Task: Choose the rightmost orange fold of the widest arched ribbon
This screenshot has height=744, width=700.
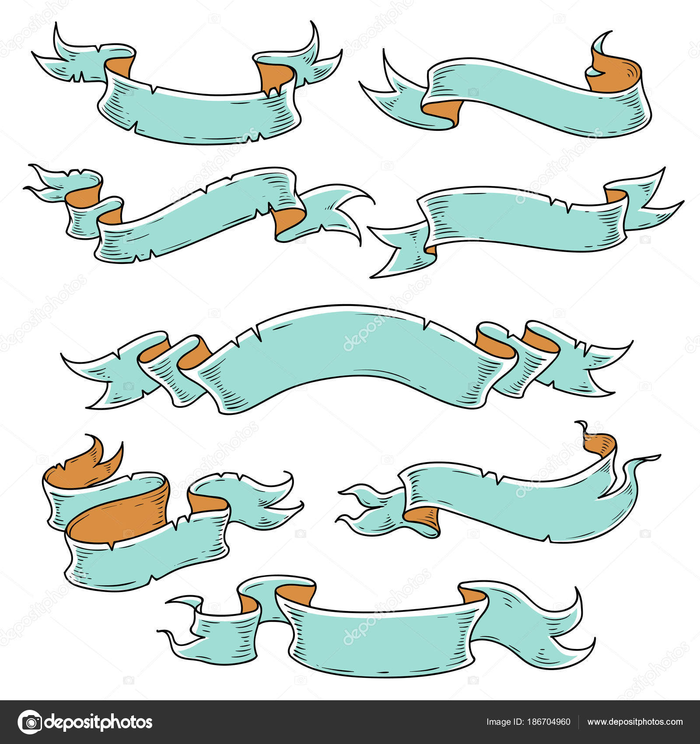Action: [x=540, y=340]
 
